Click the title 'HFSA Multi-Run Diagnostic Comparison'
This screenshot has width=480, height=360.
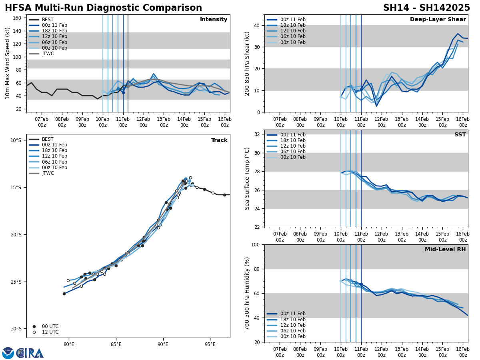pos(103,8)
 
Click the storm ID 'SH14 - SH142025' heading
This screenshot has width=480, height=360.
pos(426,8)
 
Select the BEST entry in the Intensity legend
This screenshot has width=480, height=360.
pos(47,20)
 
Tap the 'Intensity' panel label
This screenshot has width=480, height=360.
pos(214,20)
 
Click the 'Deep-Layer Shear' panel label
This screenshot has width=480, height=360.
pos(438,20)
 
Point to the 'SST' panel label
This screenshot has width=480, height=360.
pos(460,135)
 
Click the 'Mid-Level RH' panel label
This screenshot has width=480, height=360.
pos(445,250)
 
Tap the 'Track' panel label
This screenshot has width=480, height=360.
pos(219,140)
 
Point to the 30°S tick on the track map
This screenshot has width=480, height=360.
pos(16,329)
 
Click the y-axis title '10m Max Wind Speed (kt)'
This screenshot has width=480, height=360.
pos(7,63)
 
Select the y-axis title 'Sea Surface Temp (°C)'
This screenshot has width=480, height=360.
pos(247,178)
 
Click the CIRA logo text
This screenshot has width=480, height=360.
pos(30,353)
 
